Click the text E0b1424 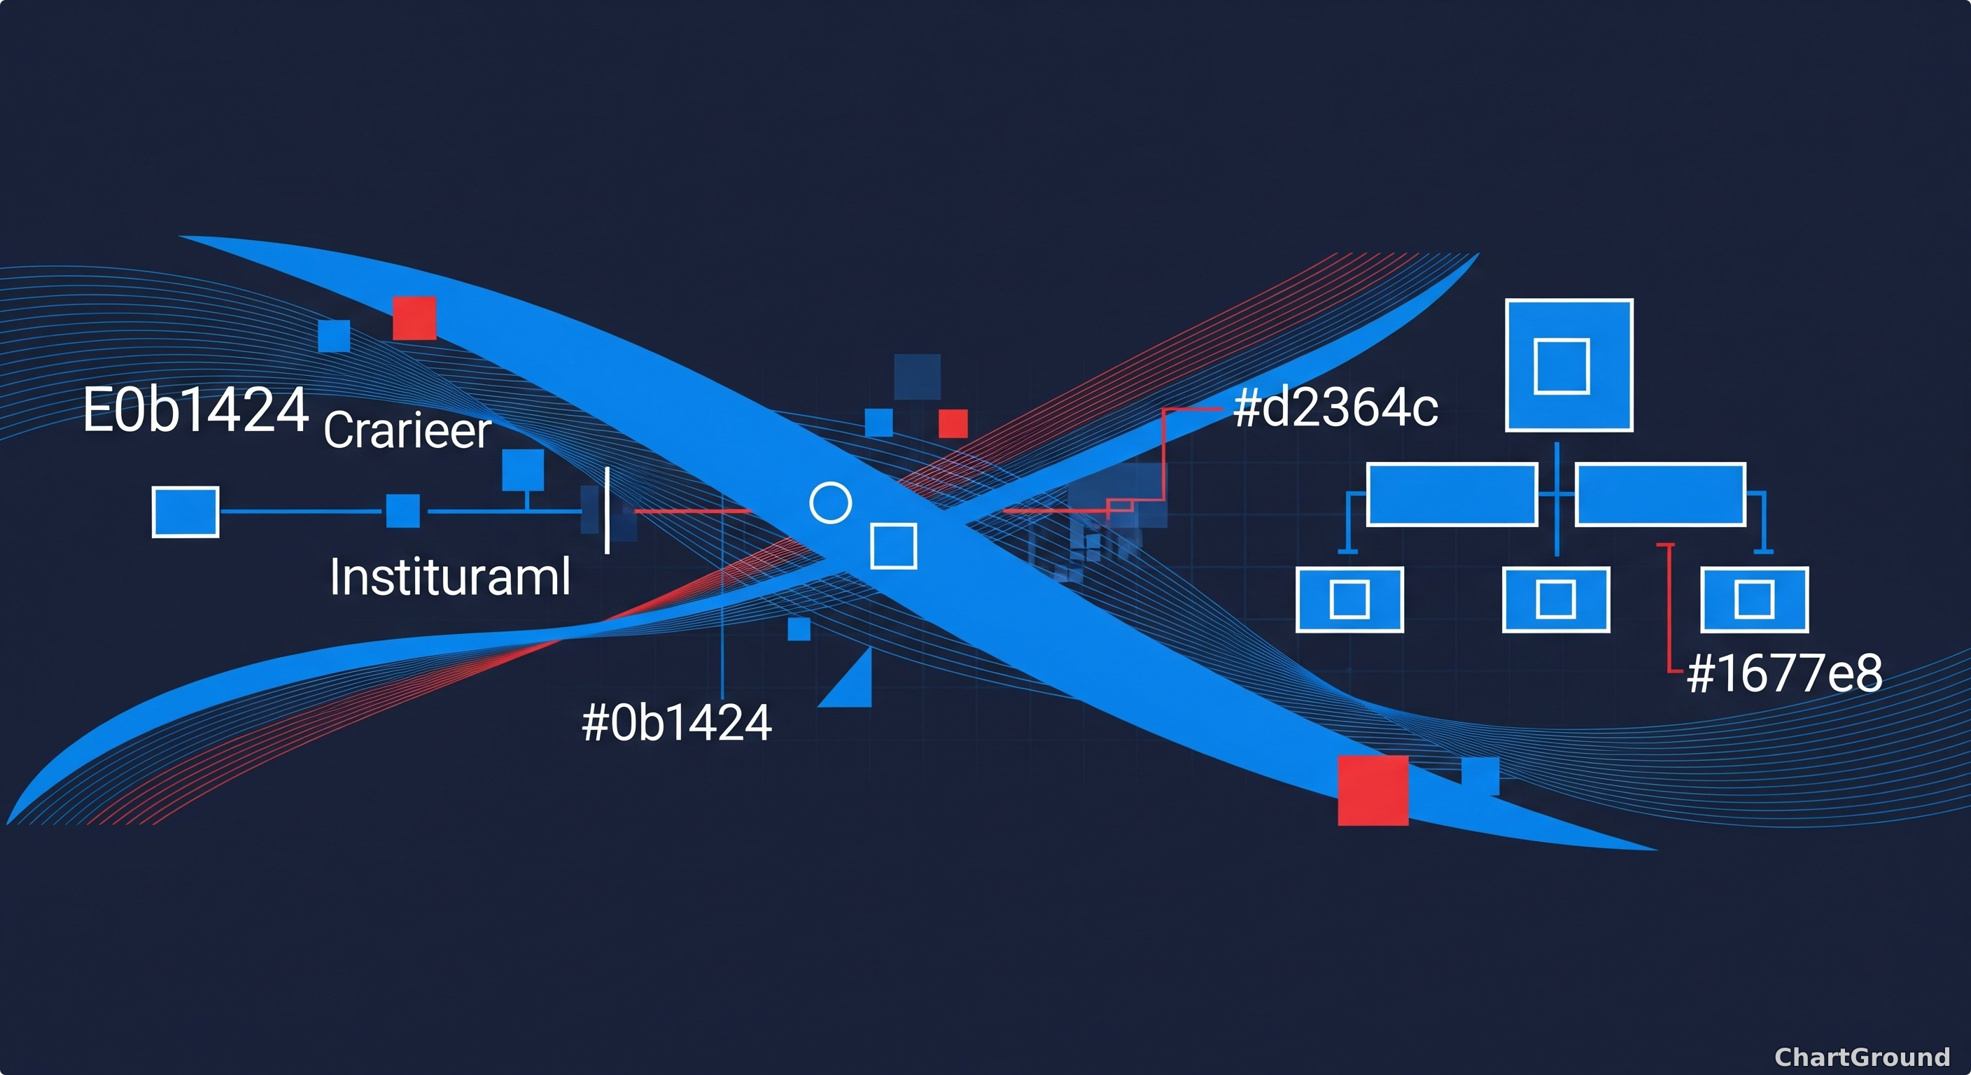pyautogui.click(x=196, y=410)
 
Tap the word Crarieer pyautogui.click(x=407, y=430)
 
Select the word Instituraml pyautogui.click(x=450, y=576)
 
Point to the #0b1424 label pyautogui.click(x=677, y=722)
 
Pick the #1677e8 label pyautogui.click(x=1784, y=673)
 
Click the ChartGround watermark pyautogui.click(x=1863, y=1057)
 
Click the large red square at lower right pyautogui.click(x=1373, y=790)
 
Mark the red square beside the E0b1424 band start pyautogui.click(x=414, y=318)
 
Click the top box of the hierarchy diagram pyautogui.click(x=1569, y=365)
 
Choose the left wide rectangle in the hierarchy pyautogui.click(x=1452, y=494)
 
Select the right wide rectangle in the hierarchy pyautogui.click(x=1660, y=494)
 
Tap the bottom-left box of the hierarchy pyautogui.click(x=1349, y=599)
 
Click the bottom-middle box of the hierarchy pyautogui.click(x=1557, y=599)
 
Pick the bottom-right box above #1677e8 pyautogui.click(x=1755, y=599)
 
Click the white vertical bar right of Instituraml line pyautogui.click(x=607, y=510)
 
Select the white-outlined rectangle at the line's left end pyautogui.click(x=185, y=512)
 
